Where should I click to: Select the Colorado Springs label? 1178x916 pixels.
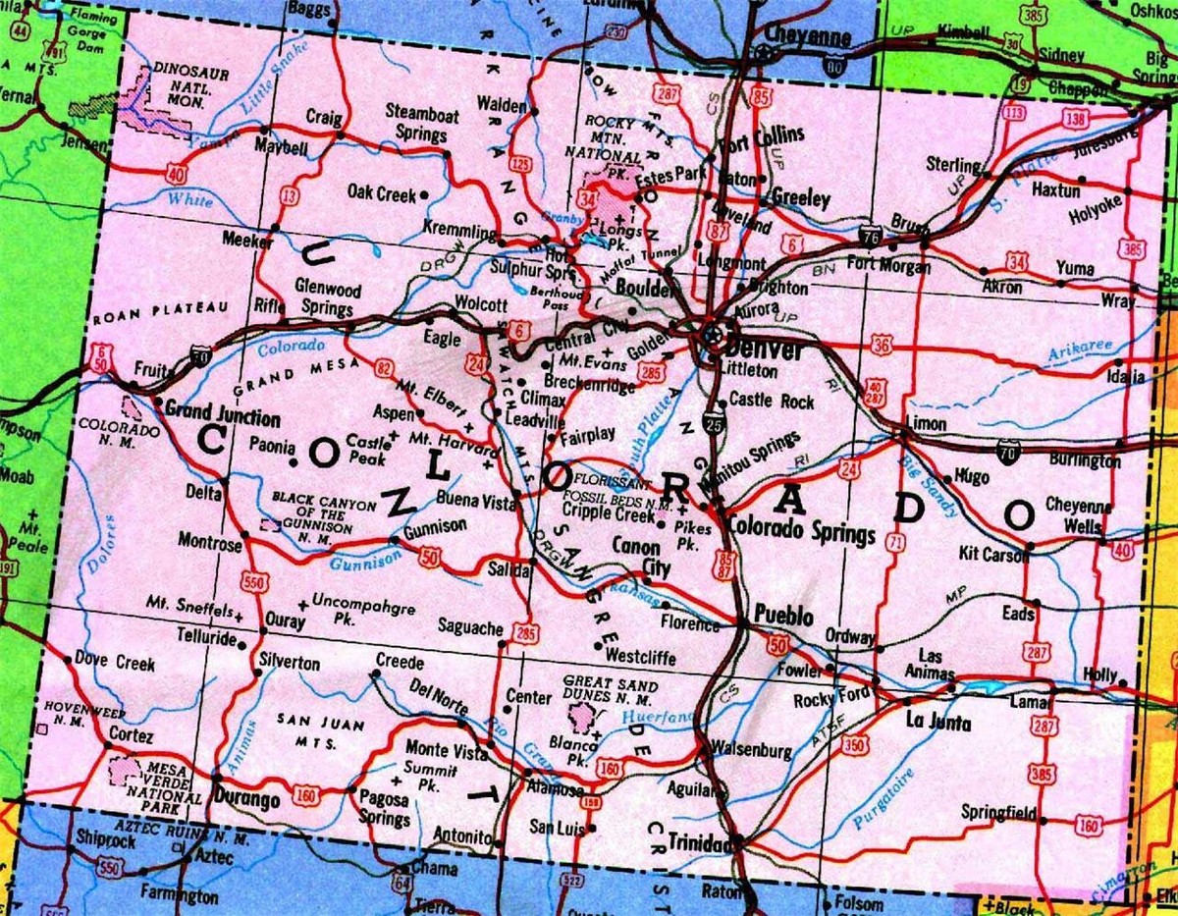point(801,534)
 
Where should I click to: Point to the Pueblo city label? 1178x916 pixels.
point(783,617)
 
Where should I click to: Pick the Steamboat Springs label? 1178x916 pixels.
point(422,125)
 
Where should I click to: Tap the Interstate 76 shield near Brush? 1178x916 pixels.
point(869,236)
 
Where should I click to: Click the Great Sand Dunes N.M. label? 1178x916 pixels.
point(608,691)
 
